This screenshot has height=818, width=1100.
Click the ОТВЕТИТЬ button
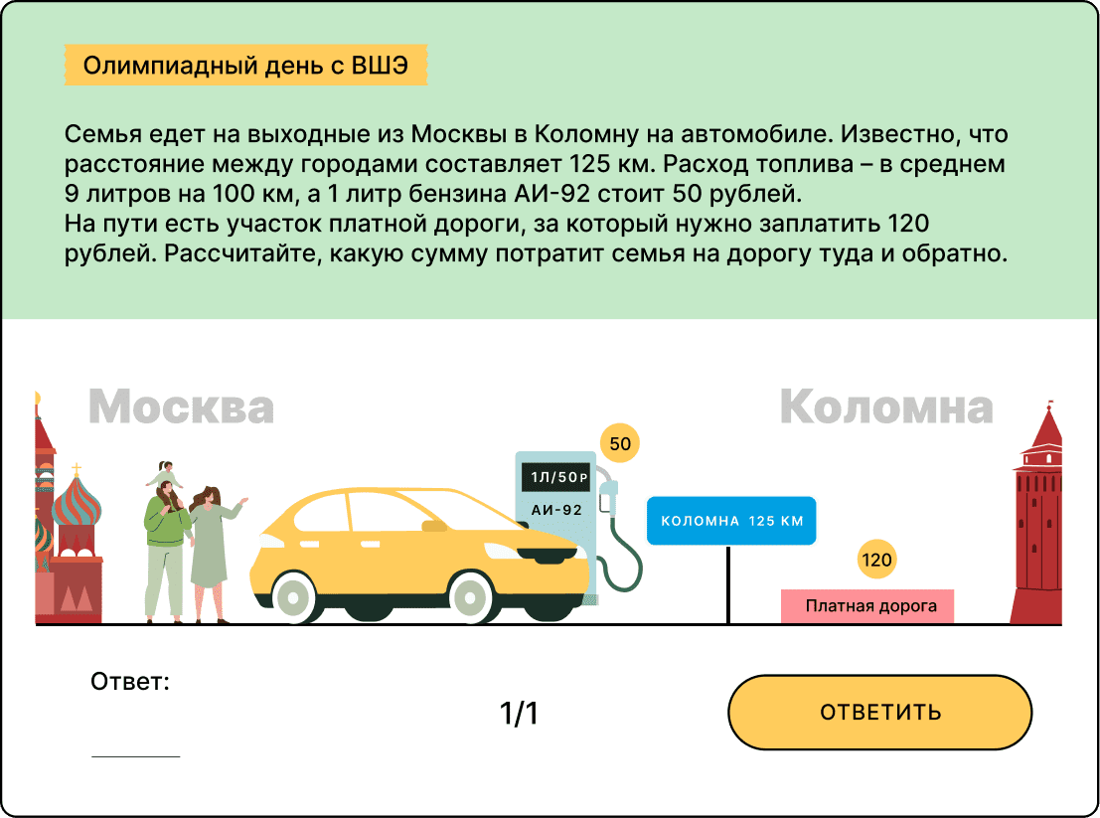(x=879, y=712)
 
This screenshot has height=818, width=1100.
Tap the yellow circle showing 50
(x=619, y=443)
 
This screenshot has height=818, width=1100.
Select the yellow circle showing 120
(x=876, y=561)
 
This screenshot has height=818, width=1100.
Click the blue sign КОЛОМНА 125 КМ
(x=731, y=521)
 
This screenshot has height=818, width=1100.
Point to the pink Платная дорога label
(x=866, y=606)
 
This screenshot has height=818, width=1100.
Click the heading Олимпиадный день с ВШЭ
(x=244, y=66)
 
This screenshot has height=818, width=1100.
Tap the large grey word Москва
(x=181, y=406)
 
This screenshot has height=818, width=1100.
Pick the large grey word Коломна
(x=886, y=407)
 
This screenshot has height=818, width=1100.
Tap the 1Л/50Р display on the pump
(x=556, y=478)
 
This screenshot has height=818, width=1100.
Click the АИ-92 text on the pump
(x=556, y=510)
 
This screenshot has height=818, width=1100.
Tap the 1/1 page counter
(x=518, y=713)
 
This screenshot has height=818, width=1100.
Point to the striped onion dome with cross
(x=77, y=507)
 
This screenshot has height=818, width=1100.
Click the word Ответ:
(x=130, y=682)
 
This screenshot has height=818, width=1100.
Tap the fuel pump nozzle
(x=609, y=497)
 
